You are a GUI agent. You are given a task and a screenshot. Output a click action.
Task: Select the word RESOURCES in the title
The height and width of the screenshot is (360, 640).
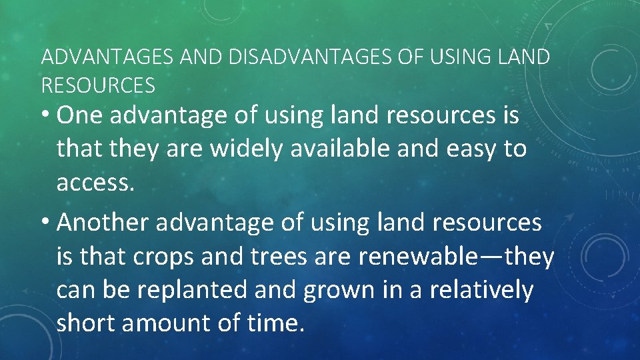[98, 85]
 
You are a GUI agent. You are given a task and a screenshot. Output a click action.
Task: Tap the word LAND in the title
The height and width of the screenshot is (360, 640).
[525, 57]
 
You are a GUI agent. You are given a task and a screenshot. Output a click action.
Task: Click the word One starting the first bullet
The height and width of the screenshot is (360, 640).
[81, 115]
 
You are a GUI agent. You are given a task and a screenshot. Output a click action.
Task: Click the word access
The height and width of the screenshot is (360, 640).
[95, 183]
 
